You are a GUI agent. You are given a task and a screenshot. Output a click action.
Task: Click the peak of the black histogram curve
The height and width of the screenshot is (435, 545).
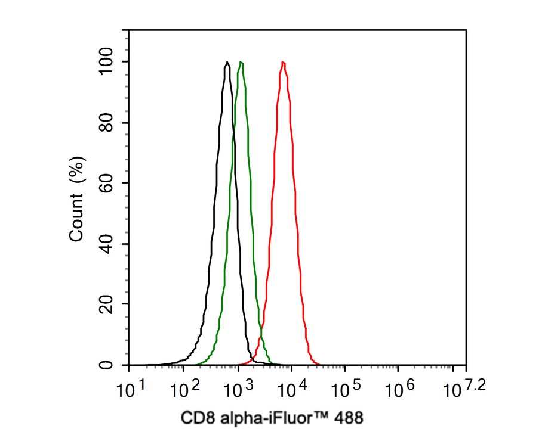coord(227,62)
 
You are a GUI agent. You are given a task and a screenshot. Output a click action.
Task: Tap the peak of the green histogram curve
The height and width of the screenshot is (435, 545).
coord(241,62)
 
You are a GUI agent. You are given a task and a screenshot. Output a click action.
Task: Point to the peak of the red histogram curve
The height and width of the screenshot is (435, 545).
coord(283,62)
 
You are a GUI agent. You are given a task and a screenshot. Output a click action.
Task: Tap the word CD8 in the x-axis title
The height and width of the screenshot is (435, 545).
coord(194,418)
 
